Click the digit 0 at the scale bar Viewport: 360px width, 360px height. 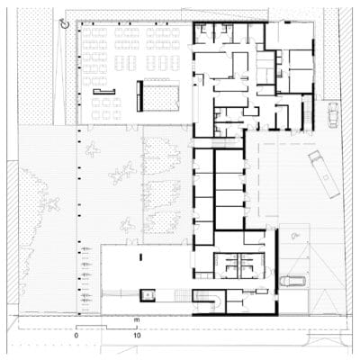tap(76, 335)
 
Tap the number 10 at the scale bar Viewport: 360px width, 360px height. tap(138, 335)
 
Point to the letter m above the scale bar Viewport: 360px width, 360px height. tap(138, 319)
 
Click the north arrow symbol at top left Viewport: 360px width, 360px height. tap(62, 23)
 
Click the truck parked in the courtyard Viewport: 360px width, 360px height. tap(323, 174)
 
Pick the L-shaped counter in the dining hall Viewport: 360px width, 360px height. tap(100, 91)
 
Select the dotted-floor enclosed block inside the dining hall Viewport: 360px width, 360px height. tap(161, 94)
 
